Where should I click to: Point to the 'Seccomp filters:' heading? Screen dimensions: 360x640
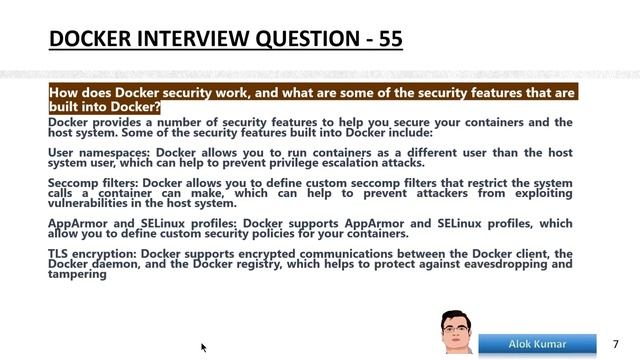click(x=94, y=183)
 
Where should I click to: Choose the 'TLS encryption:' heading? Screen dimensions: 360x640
click(x=92, y=254)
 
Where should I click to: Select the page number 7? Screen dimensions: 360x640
click(x=615, y=344)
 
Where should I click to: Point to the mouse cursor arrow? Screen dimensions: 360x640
click(x=204, y=348)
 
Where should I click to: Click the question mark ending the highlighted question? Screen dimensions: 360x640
click(x=157, y=107)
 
